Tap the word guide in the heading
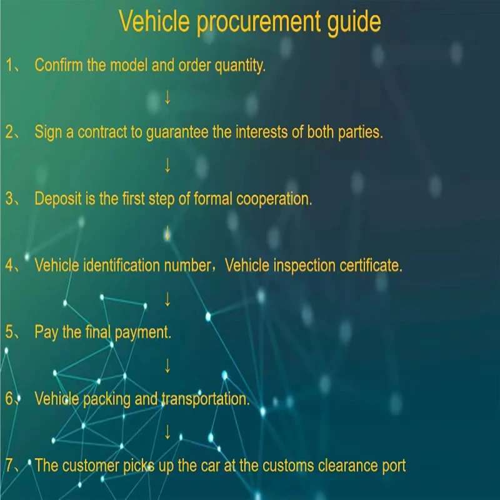(354, 22)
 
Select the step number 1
(9, 65)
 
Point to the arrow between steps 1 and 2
(167, 98)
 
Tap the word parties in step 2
(360, 132)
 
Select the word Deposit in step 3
(57, 199)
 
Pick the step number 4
(9, 265)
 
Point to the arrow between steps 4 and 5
(167, 299)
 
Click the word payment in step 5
(142, 332)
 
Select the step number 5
(9, 332)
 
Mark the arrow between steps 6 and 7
(167, 432)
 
